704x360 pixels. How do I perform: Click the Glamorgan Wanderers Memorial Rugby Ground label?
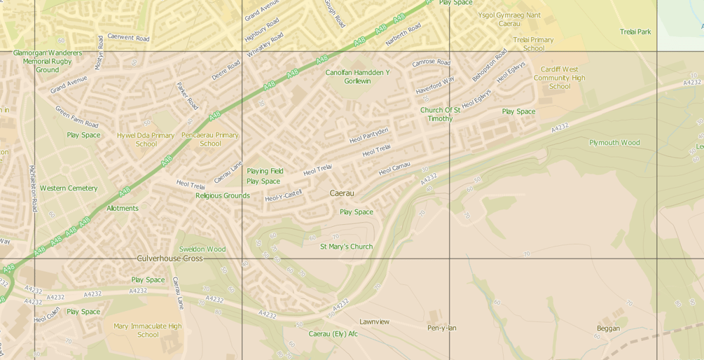click(x=47, y=61)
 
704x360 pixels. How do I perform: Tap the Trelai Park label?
click(x=635, y=32)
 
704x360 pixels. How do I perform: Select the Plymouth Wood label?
click(x=614, y=143)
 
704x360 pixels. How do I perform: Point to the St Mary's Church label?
click(x=346, y=247)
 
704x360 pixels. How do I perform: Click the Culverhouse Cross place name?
click(x=170, y=258)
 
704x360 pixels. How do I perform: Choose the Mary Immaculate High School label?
click(x=148, y=330)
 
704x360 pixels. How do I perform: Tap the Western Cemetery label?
click(x=69, y=188)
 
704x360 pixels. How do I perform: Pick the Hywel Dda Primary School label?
click(x=146, y=139)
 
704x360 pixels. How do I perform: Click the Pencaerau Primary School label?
click(x=210, y=139)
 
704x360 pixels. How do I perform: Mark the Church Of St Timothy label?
click(x=440, y=114)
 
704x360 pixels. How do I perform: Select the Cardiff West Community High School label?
click(x=560, y=78)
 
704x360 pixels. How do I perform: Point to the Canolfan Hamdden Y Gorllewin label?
click(x=357, y=76)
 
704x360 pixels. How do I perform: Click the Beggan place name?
click(x=608, y=328)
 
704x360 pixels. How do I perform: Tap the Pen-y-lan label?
click(x=442, y=328)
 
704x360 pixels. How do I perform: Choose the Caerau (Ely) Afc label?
click(x=333, y=334)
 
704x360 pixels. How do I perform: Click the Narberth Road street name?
click(x=403, y=34)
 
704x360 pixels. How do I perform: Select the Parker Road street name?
click(x=187, y=96)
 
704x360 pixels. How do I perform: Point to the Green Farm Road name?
click(x=76, y=117)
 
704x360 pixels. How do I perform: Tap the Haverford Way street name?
click(x=435, y=85)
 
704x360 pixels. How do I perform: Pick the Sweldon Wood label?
click(x=202, y=249)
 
